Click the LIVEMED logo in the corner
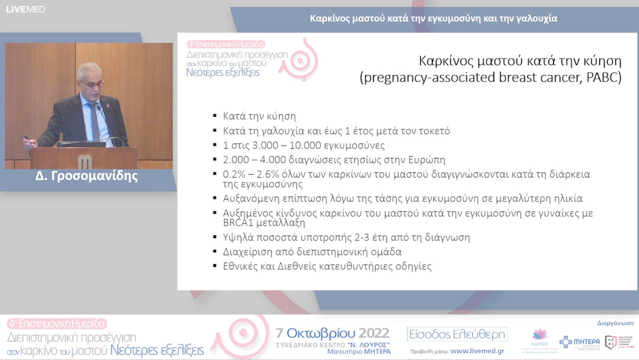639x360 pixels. tap(25, 9)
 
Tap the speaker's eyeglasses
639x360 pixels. tap(92, 84)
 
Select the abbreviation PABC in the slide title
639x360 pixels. tap(601, 78)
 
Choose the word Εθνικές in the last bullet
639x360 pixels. tap(243, 266)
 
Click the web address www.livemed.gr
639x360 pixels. tap(478, 352)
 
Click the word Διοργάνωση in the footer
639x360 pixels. tap(612, 323)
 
